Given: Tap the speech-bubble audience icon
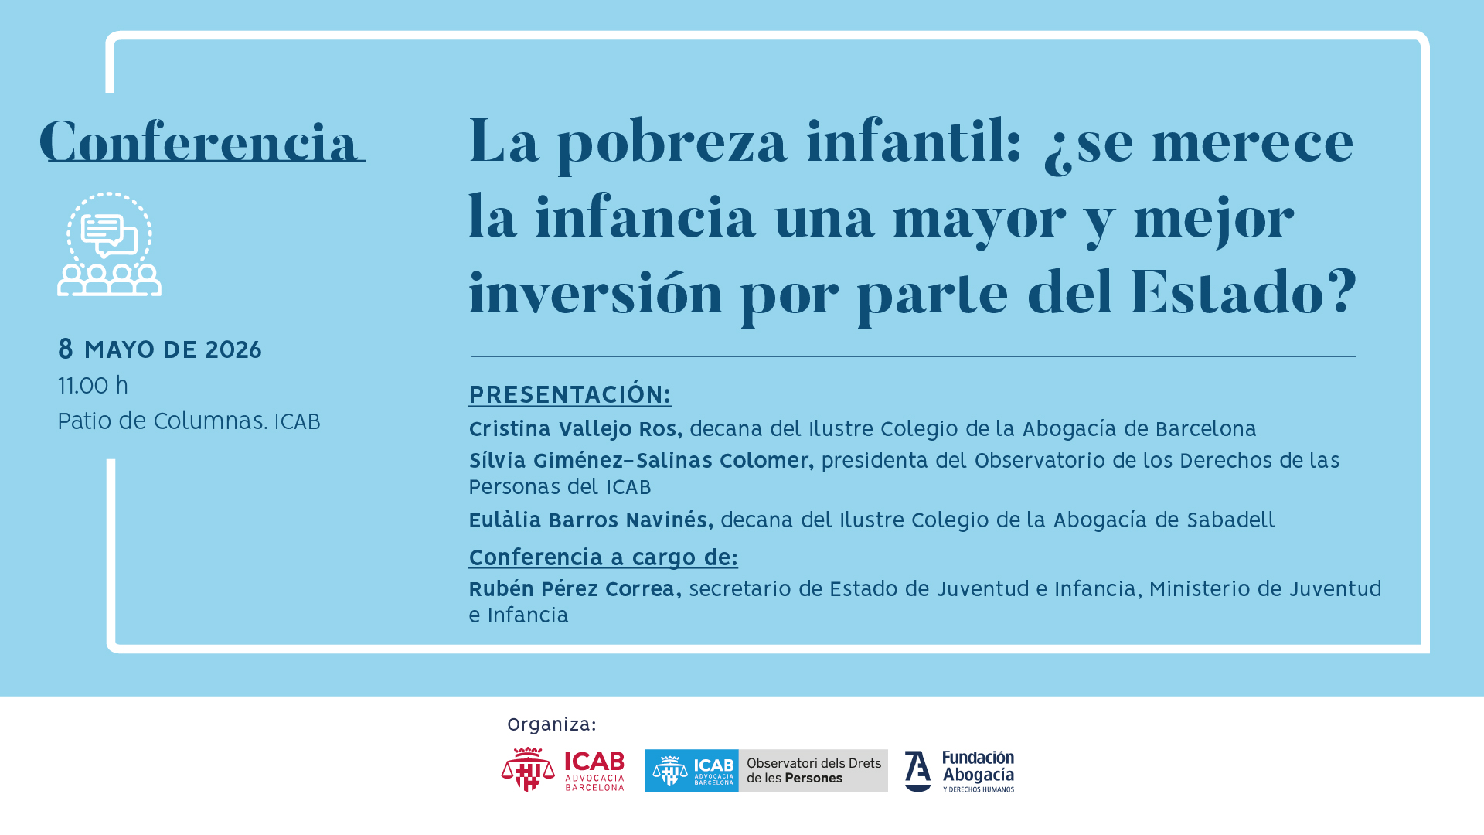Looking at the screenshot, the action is (109, 244).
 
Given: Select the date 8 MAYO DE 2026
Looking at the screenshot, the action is (160, 349).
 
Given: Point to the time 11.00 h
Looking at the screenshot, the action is (94, 385).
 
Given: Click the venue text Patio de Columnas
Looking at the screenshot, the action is (162, 421).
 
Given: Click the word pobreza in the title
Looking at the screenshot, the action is (672, 144).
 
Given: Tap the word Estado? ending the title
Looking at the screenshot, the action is (1244, 291).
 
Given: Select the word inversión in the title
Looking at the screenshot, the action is (595, 291).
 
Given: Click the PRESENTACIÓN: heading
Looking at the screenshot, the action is (570, 394).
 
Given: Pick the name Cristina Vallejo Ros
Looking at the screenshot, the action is (575, 429).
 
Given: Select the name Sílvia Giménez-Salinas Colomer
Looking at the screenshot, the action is (641, 461).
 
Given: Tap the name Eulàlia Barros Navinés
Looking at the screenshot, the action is (591, 520).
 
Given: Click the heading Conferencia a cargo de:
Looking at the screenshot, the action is (603, 557).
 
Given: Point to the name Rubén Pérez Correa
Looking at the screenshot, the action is (575, 589).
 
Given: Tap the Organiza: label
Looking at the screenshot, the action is (552, 724).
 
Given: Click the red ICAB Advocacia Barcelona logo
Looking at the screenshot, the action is (563, 770).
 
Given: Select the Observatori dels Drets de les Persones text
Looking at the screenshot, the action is (813, 771).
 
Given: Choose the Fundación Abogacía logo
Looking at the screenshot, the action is (959, 771).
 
